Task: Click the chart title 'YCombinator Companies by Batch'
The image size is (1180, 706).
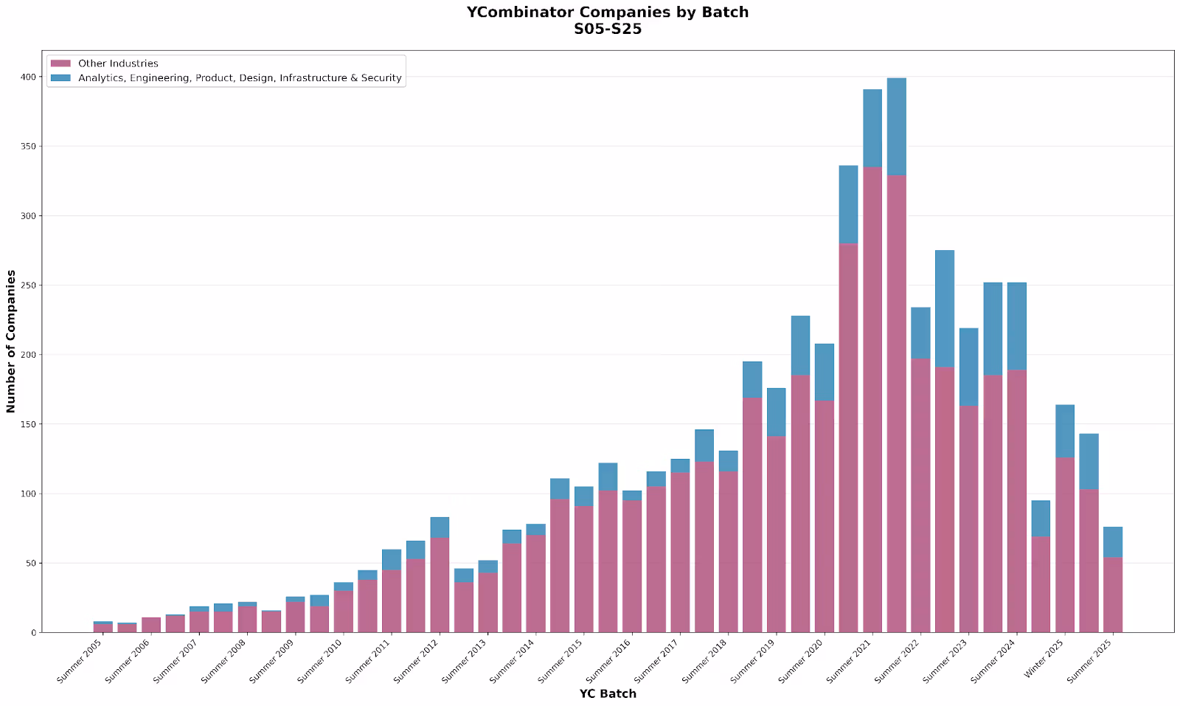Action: pos(607,13)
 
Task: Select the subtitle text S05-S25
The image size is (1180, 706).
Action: pos(607,30)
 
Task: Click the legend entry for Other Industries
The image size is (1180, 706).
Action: pos(118,63)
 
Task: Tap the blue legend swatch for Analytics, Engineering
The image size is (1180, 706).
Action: pos(60,77)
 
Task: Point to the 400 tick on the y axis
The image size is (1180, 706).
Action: pos(27,77)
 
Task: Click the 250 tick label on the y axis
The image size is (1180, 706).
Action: pos(27,285)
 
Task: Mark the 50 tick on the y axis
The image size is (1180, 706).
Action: pos(29,564)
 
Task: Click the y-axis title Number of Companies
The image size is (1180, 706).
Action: pos(11,341)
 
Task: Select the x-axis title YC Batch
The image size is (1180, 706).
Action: pos(607,693)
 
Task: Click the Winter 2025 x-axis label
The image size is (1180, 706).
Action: pos(1045,660)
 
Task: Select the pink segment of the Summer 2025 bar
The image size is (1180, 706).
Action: pos(1113,594)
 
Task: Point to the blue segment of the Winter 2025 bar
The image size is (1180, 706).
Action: pos(1065,431)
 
